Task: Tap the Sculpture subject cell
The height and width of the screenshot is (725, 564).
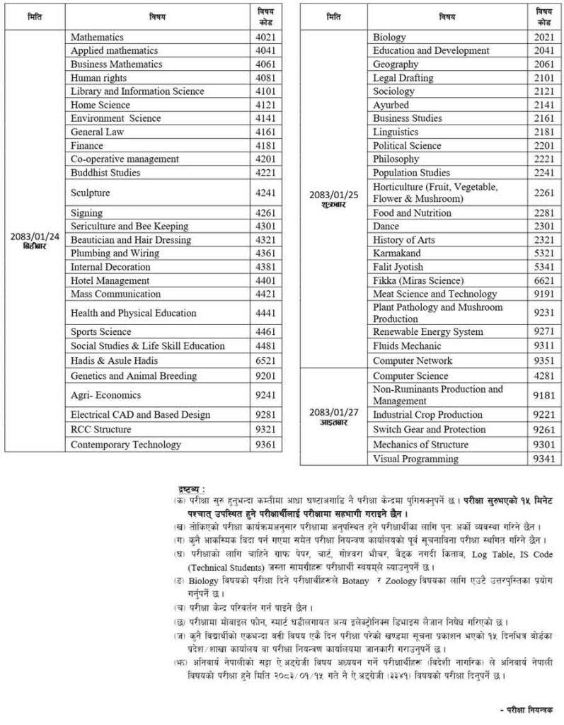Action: point(91,193)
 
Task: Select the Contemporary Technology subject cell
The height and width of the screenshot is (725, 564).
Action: point(116,445)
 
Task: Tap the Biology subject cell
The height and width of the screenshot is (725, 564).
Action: point(389,37)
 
